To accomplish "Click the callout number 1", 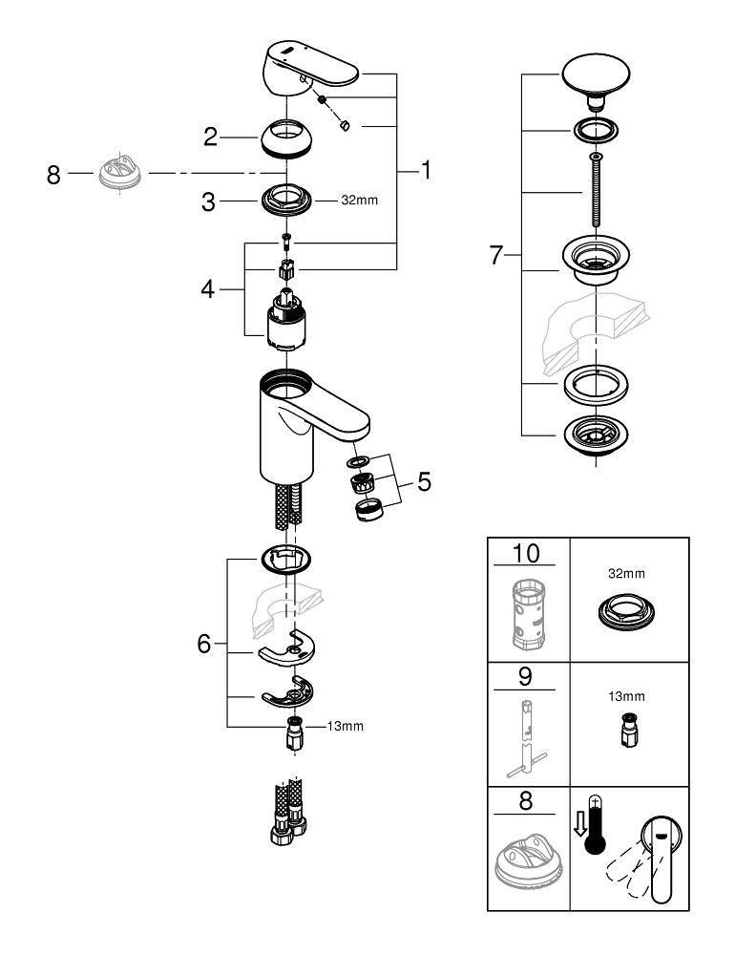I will (426, 171).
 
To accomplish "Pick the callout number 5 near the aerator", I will (423, 481).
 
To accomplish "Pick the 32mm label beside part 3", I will (333, 202).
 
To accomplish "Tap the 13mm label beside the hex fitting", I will (346, 727).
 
